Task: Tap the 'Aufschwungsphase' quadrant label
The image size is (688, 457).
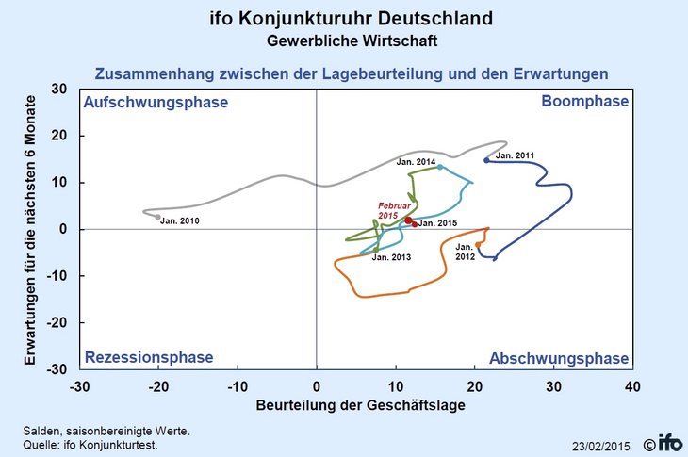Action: tap(156, 102)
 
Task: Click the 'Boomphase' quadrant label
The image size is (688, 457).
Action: tap(584, 101)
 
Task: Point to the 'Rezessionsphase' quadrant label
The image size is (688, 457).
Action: tap(149, 357)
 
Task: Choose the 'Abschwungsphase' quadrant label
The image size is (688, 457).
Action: tap(559, 358)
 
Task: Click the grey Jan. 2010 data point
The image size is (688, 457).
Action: tap(158, 217)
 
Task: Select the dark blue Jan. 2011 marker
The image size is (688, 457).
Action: tap(486, 160)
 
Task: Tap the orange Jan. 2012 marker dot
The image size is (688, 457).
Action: tap(478, 244)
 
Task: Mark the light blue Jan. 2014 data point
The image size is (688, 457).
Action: tap(439, 167)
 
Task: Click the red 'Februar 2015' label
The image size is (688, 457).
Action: tap(389, 210)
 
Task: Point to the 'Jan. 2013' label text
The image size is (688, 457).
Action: tap(391, 257)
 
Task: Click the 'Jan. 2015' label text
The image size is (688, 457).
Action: tap(437, 223)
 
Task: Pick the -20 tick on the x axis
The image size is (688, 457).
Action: tap(158, 386)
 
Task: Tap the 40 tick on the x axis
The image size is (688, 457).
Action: tap(632, 386)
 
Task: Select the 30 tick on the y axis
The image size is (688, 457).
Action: tap(58, 90)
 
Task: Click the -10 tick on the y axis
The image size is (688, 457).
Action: tap(56, 276)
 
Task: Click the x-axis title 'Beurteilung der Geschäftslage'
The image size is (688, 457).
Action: tap(355, 407)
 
